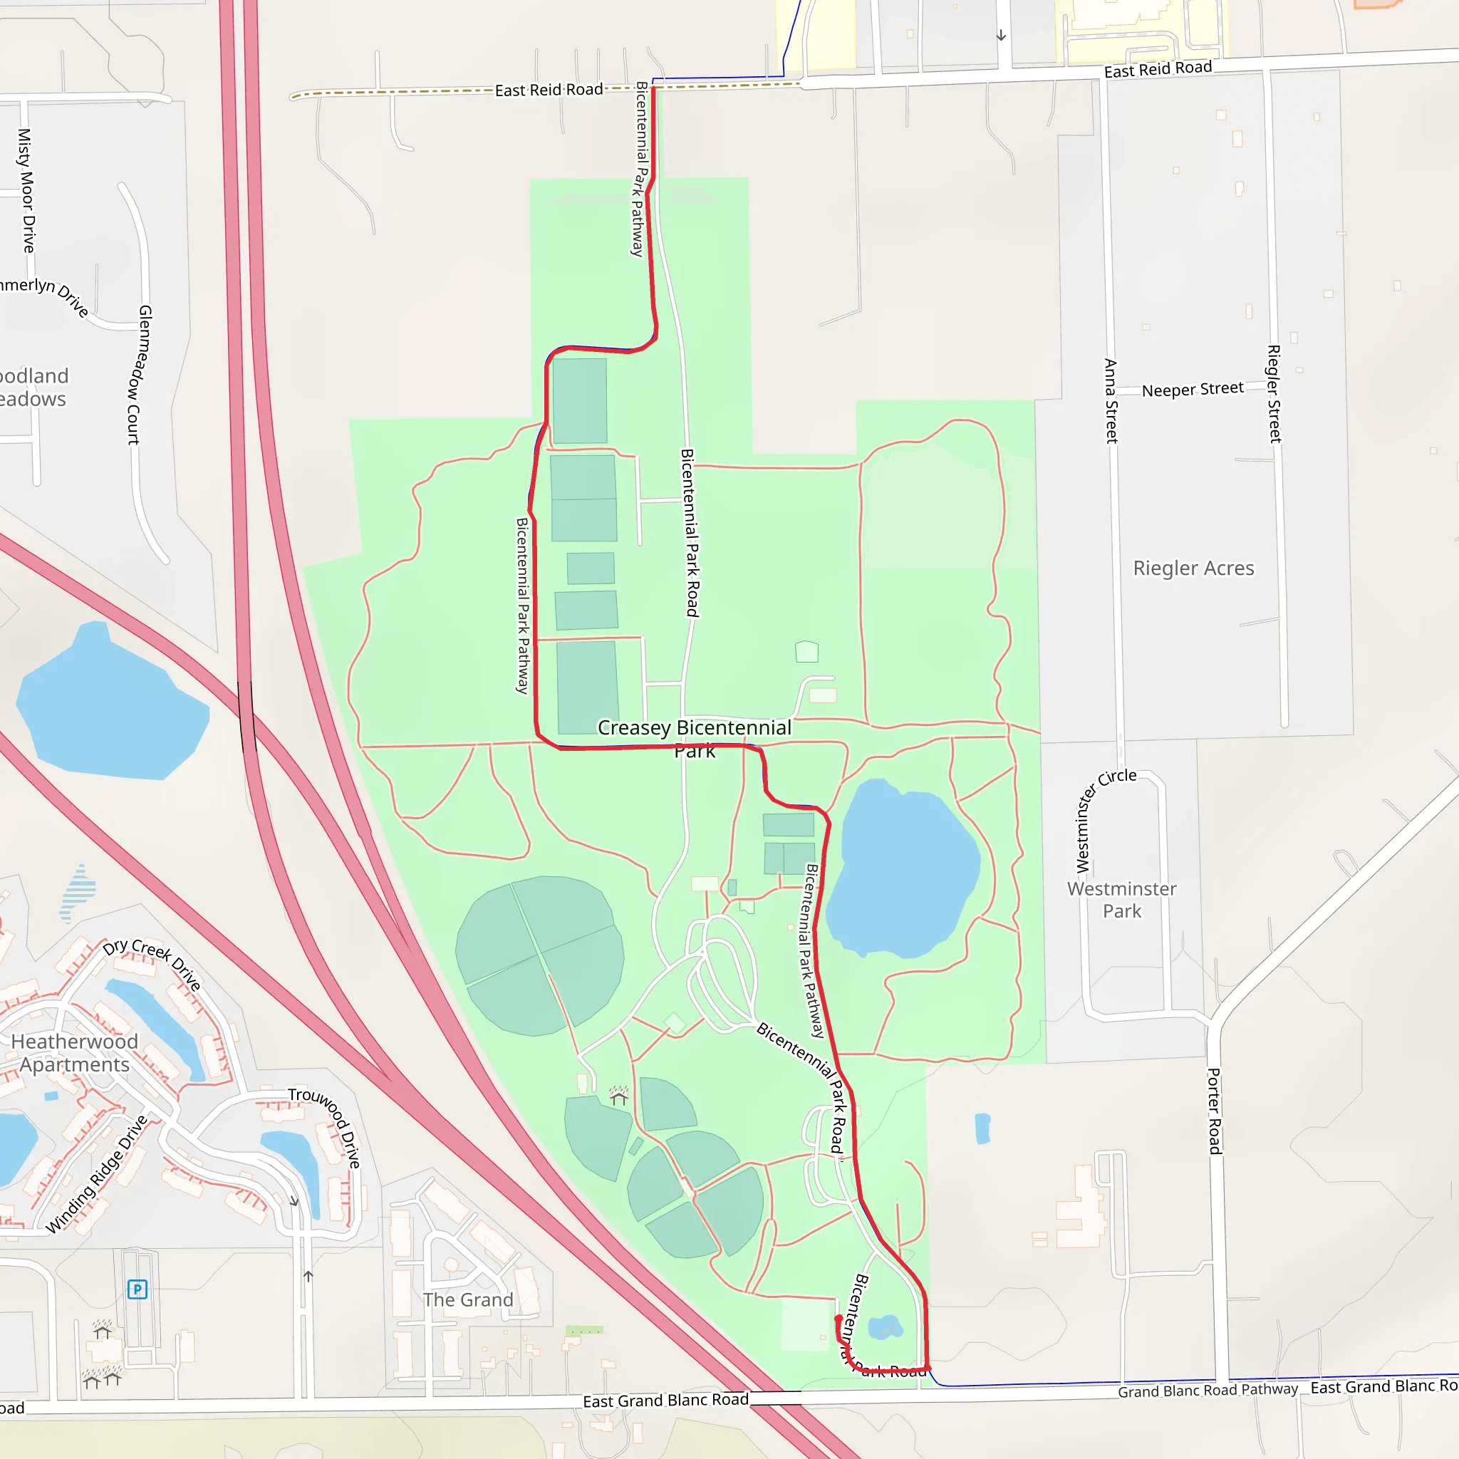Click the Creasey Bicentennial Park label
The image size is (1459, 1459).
pos(694,739)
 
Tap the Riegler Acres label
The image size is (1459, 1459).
pos(1193,568)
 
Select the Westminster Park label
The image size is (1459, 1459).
pos(1121,900)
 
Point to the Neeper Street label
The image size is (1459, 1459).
pos(1193,390)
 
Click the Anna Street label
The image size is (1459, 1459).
pos(1111,401)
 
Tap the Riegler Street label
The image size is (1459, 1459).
pos(1274,393)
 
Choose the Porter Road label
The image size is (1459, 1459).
pos(1215,1111)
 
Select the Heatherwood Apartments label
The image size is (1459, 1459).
pos(74,1053)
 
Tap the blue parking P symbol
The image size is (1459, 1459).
pos(137,1289)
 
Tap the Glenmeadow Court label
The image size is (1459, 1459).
pos(140,375)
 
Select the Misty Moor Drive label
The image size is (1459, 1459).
pos(26,190)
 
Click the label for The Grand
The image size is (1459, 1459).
pos(467,1299)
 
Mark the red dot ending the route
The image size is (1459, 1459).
pos(838,1319)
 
